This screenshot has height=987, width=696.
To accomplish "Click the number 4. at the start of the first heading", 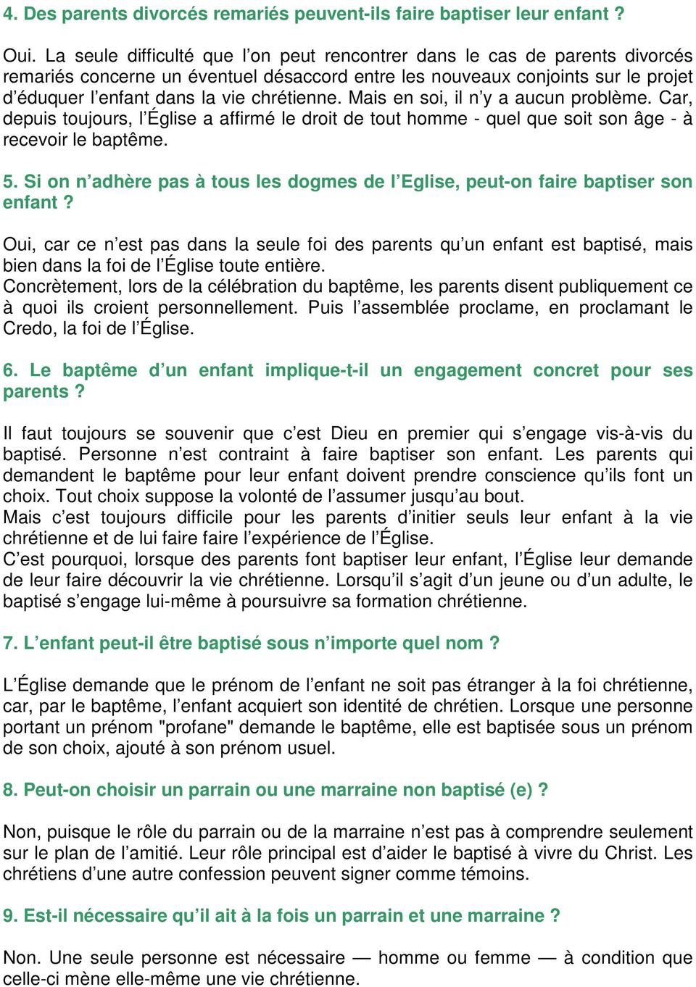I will click(x=10, y=14).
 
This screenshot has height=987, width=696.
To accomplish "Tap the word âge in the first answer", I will click(x=649, y=119).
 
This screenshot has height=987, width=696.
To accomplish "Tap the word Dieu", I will click(x=349, y=434).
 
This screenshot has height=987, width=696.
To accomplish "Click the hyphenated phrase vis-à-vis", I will click(x=629, y=434).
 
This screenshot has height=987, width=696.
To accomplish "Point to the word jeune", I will click(x=510, y=580).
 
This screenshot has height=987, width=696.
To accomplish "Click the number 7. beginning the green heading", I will click(x=10, y=644).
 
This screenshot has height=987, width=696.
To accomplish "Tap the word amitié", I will click(x=149, y=854).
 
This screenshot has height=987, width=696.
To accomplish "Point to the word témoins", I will click(x=494, y=875).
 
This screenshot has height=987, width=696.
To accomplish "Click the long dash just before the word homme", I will click(x=361, y=958).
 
